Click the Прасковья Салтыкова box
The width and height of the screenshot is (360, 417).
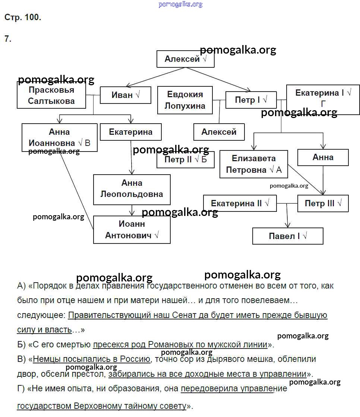[x=51, y=95]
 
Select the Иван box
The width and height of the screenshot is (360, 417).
[x=125, y=95]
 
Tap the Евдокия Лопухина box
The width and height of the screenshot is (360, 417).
[x=185, y=100]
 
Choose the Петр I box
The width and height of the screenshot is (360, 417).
[x=251, y=100]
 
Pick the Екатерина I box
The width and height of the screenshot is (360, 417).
[x=323, y=98]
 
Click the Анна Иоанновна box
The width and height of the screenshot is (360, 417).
[x=59, y=138]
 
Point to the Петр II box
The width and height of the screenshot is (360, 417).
[x=185, y=160]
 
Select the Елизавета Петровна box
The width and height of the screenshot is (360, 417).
[x=253, y=164]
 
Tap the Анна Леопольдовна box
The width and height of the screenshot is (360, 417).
[x=132, y=189]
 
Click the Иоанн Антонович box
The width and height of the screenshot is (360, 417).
[x=132, y=230]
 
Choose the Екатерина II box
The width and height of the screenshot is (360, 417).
[x=240, y=204]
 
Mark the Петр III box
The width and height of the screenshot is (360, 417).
[x=323, y=204]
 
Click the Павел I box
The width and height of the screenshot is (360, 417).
[x=287, y=236]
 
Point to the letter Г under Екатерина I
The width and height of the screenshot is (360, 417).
[x=323, y=104]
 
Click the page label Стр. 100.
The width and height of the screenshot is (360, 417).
[x=23, y=17]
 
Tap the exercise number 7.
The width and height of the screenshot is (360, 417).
[x=8, y=39]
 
